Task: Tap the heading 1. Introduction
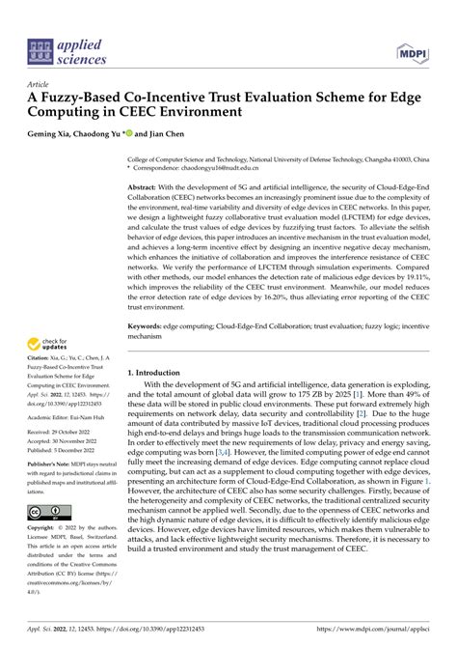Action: [x=158, y=372]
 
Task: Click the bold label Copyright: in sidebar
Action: [x=45, y=529]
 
